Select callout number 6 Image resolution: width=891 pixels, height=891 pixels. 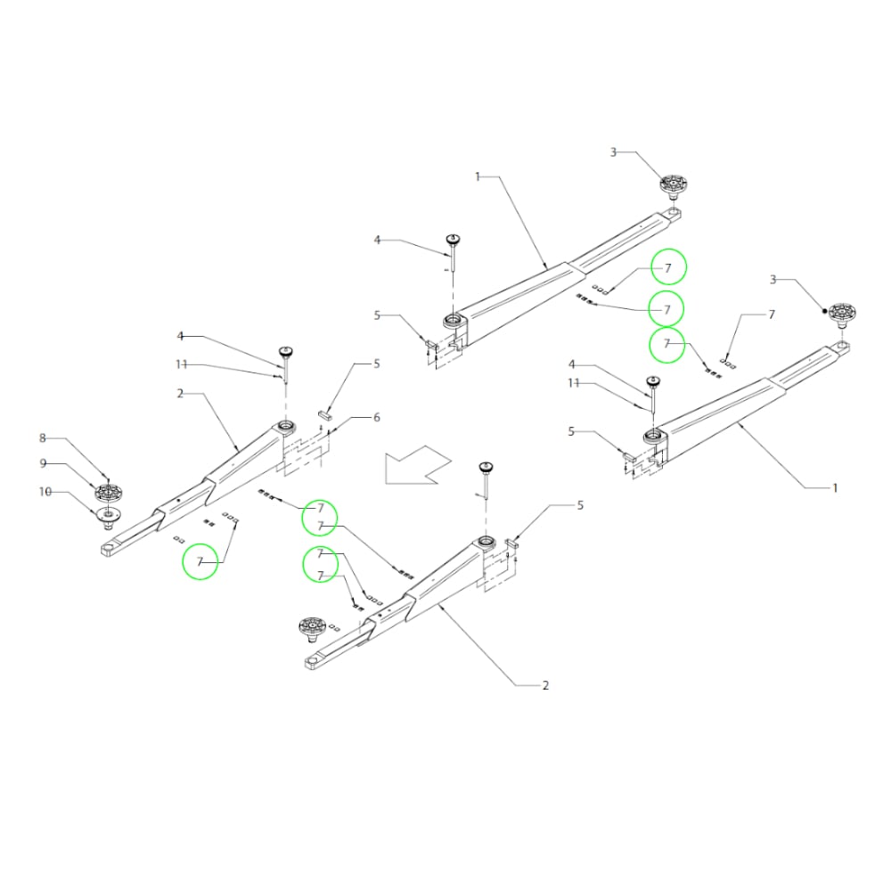pyautogui.click(x=377, y=418)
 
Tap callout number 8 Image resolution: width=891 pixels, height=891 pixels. pyautogui.click(x=43, y=438)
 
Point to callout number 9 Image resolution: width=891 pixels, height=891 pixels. pyautogui.click(x=43, y=463)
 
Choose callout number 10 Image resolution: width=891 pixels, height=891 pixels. pyautogui.click(x=45, y=492)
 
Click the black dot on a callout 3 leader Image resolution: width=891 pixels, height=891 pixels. pyautogui.click(x=824, y=310)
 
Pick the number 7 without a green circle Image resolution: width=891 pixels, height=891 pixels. pyautogui.click(x=772, y=315)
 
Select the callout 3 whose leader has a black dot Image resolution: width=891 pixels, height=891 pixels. pyautogui.click(x=772, y=280)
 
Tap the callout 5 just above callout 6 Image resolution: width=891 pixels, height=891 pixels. pyautogui.click(x=377, y=364)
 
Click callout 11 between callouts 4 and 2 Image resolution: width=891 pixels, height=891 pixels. pyautogui.click(x=181, y=364)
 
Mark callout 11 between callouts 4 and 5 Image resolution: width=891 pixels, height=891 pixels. pyautogui.click(x=573, y=383)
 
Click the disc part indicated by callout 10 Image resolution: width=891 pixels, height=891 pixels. pyautogui.click(x=108, y=515)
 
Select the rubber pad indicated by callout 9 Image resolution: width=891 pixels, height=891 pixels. pyautogui.click(x=108, y=492)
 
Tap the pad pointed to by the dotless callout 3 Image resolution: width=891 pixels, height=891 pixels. pyautogui.click(x=674, y=186)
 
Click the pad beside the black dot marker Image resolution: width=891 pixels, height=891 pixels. pyautogui.click(x=843, y=315)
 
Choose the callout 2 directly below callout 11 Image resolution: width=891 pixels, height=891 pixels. pyautogui.click(x=180, y=393)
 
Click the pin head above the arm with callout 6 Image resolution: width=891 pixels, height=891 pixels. pyautogui.click(x=286, y=350)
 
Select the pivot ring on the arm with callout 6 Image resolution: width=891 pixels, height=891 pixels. pyautogui.click(x=286, y=426)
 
